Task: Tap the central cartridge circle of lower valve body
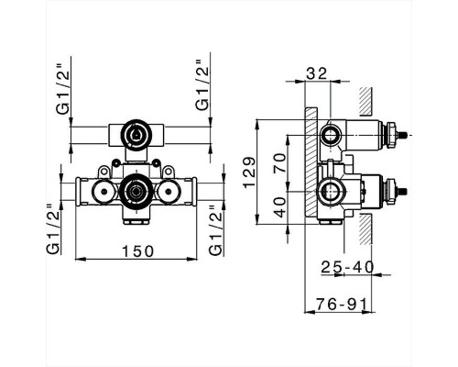[135, 192]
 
